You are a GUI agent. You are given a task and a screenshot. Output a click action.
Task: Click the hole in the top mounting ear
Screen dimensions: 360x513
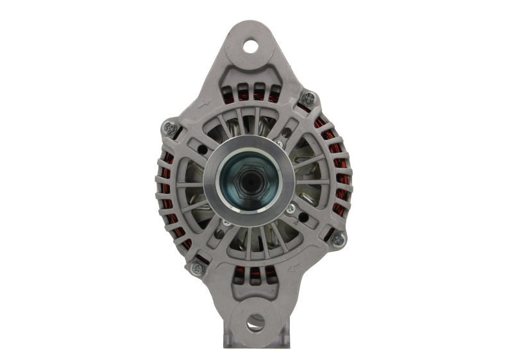(249, 46)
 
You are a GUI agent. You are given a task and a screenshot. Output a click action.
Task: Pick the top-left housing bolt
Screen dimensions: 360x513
(169, 126)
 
